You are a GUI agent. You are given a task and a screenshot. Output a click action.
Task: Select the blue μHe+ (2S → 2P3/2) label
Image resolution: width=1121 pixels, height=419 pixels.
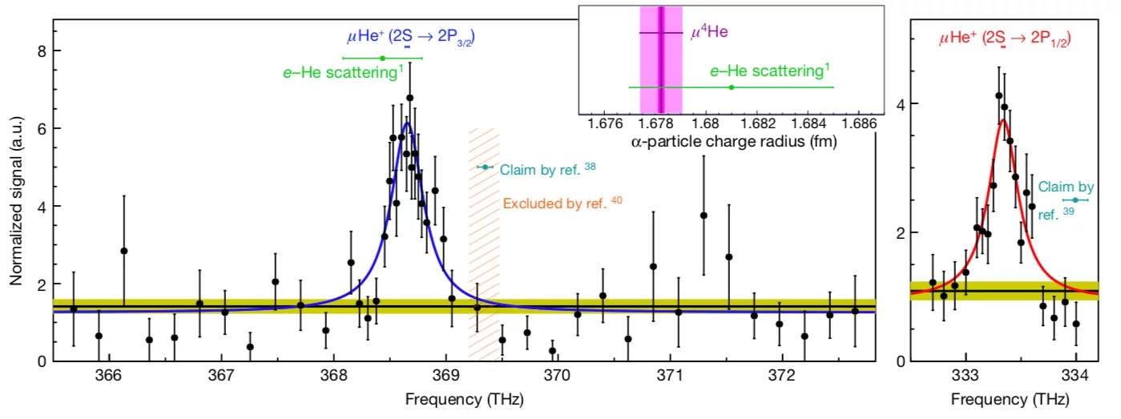tap(410, 37)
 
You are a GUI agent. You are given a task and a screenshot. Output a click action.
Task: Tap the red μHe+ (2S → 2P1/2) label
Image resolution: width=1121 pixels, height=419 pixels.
tap(1005, 37)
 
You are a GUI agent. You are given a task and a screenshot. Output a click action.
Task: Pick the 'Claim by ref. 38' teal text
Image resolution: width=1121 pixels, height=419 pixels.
tap(547, 169)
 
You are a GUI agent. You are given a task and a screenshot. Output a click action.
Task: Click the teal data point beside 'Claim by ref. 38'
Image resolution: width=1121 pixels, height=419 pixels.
tap(484, 167)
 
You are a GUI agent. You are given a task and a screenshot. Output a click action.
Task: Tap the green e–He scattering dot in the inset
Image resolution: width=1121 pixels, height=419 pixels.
tap(732, 87)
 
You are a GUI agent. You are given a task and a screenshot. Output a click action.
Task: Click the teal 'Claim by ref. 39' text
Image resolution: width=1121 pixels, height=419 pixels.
tap(1065, 200)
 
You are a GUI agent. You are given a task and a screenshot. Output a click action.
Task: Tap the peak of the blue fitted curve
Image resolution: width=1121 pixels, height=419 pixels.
tap(406, 123)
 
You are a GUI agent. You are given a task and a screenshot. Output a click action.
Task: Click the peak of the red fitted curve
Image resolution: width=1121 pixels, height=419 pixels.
tap(1002, 120)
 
